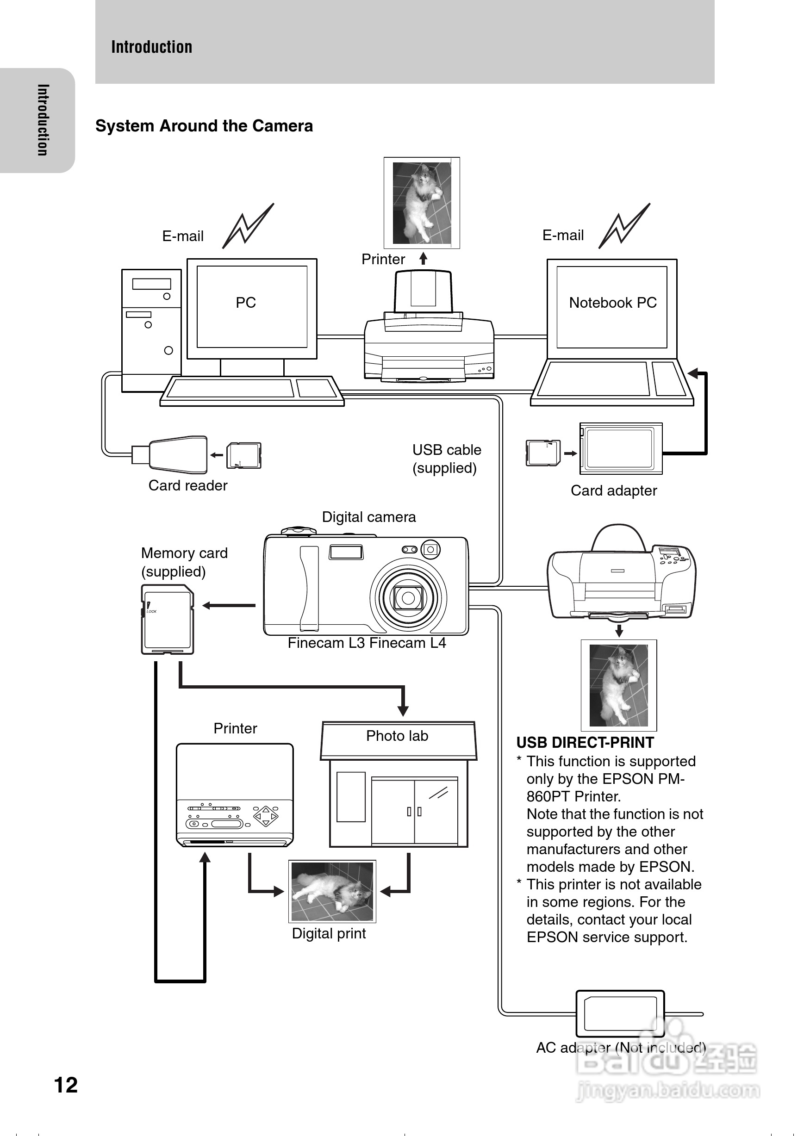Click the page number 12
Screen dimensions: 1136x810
66,1085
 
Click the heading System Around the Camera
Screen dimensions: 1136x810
204,126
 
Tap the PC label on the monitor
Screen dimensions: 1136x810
246,303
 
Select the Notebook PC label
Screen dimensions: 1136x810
612,303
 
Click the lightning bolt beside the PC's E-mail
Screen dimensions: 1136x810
248,226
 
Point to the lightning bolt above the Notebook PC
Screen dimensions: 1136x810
624,226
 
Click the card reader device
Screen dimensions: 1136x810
178,454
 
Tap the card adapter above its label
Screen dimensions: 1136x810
621,448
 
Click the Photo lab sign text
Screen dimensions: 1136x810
397,736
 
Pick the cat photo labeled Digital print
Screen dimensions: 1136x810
332,891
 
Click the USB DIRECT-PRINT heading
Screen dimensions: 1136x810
585,743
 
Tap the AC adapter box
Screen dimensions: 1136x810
620,1013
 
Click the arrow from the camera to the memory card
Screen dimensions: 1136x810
229,605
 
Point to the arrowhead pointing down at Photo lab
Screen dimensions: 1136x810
404,710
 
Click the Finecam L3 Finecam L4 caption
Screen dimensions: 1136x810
367,643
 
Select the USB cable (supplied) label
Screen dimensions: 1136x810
446,459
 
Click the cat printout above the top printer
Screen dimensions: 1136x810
422,203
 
